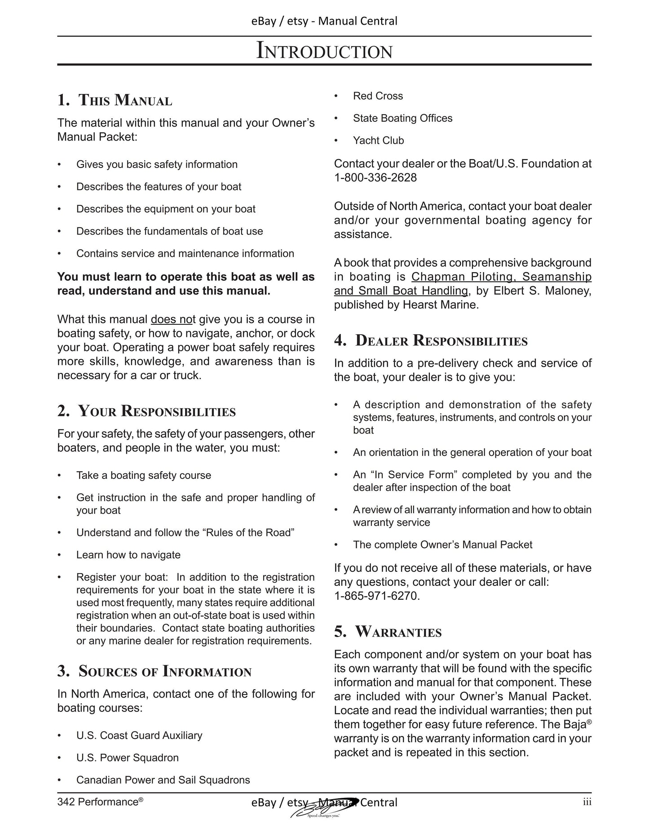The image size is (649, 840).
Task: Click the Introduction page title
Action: (324, 51)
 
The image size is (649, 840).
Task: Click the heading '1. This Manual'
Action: (115, 100)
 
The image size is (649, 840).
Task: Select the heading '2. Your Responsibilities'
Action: (146, 411)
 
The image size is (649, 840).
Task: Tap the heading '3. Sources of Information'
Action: (155, 671)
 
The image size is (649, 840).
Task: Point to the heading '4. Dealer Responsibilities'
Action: (431, 340)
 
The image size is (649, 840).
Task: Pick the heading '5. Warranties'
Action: (388, 632)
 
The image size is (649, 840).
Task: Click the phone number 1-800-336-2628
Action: (375, 178)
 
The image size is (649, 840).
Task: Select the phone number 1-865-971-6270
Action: (376, 596)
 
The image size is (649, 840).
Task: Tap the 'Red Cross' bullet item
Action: (378, 96)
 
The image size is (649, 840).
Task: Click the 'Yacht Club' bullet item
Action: (378, 141)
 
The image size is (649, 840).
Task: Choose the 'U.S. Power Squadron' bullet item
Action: (127, 758)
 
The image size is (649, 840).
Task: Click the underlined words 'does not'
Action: (173, 319)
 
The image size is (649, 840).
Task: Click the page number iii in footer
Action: (587, 802)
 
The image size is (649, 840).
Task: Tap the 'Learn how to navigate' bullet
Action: (128, 555)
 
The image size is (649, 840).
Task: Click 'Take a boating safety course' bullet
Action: (143, 475)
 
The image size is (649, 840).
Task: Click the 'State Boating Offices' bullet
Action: (402, 118)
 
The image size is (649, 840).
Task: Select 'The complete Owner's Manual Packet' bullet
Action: (442, 545)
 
